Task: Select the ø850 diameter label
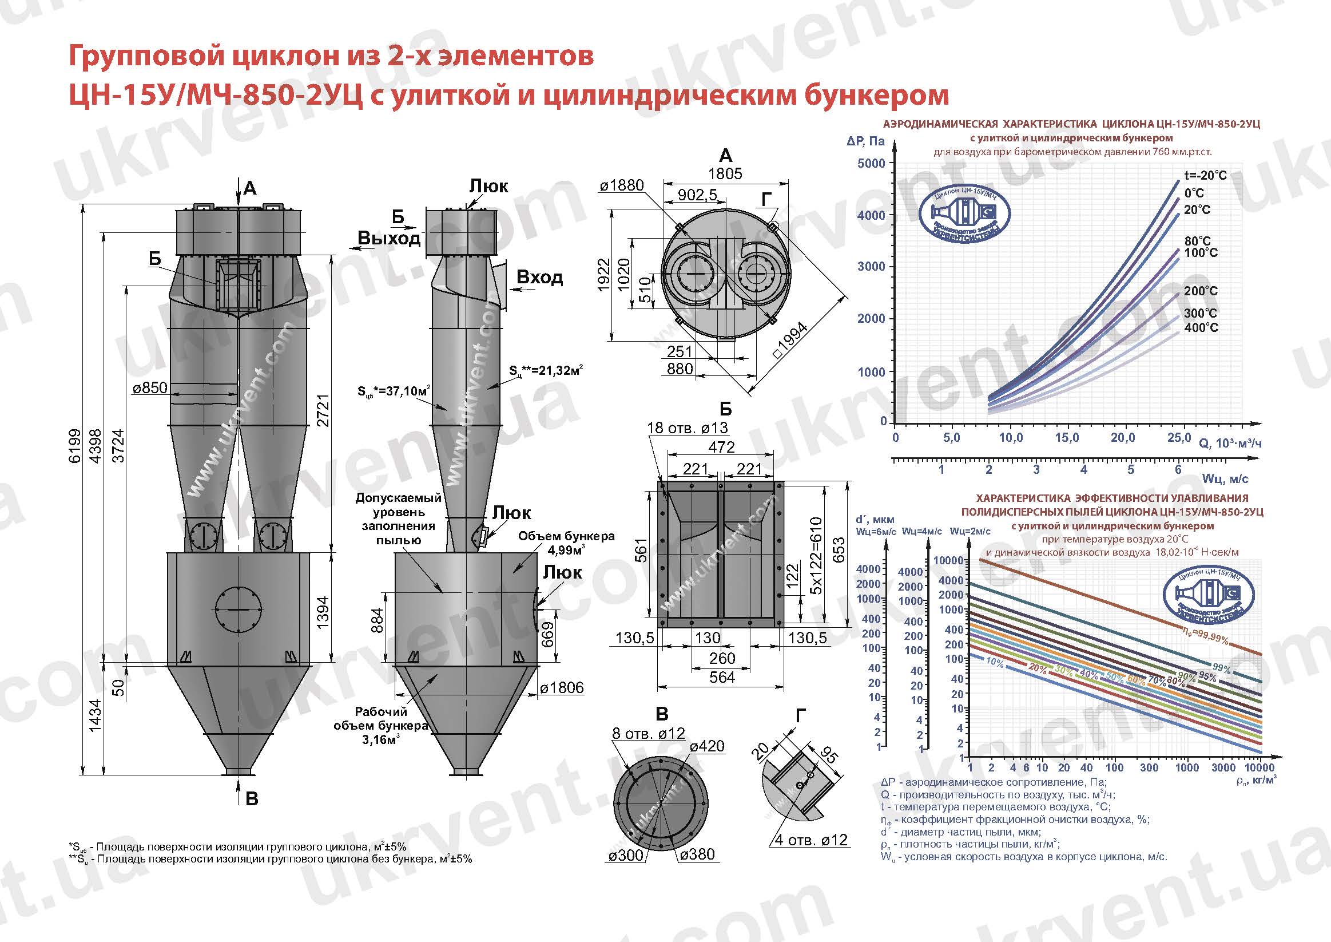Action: pyautogui.click(x=149, y=388)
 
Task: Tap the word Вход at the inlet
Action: pyautogui.click(x=539, y=277)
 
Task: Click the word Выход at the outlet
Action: pyautogui.click(x=388, y=239)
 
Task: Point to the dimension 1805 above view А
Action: pyautogui.click(x=725, y=173)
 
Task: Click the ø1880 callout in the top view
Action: pyautogui.click(x=621, y=185)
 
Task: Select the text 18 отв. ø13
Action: pyautogui.click(x=687, y=428)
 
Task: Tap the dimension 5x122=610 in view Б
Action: pyautogui.click(x=816, y=555)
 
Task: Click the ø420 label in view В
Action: pyautogui.click(x=706, y=746)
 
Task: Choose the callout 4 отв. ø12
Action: pyautogui.click(x=811, y=840)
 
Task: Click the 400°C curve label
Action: pyautogui.click(x=1201, y=328)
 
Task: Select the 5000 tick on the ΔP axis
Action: pyautogui.click(x=871, y=163)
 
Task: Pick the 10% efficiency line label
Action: pyautogui.click(x=994, y=662)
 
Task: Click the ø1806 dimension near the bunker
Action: pyautogui.click(x=562, y=688)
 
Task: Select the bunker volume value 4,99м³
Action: pyautogui.click(x=566, y=550)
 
